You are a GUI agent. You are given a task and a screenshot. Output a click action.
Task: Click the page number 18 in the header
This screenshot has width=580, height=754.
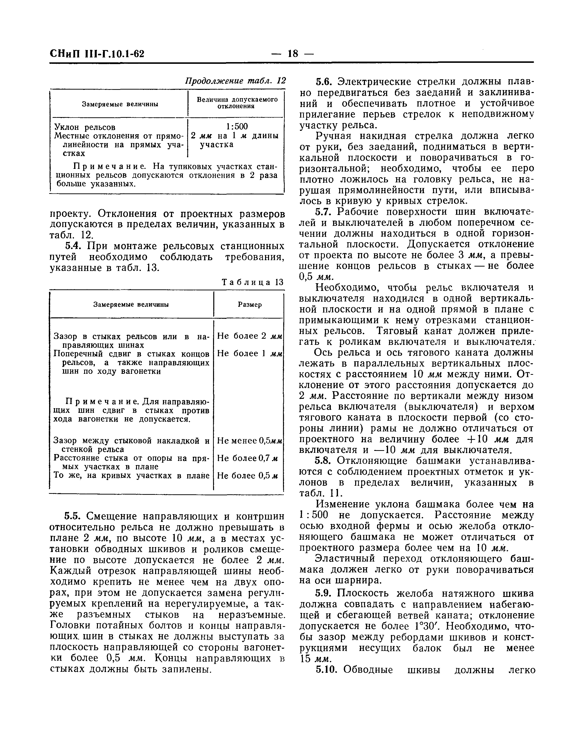292,54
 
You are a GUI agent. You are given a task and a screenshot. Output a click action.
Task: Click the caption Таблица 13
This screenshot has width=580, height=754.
252,282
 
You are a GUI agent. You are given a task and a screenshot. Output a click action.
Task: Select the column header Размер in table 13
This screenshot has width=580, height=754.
250,305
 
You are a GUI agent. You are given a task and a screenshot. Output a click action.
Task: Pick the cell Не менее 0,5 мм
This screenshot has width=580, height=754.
250,441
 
